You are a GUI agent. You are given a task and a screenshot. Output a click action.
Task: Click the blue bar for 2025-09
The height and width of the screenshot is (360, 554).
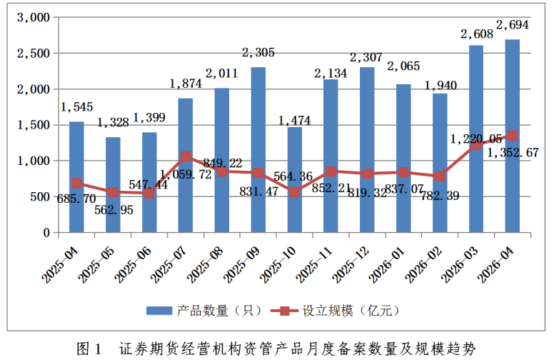click(x=258, y=149)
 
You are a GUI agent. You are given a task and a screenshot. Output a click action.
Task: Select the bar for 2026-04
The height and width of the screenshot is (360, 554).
click(x=513, y=136)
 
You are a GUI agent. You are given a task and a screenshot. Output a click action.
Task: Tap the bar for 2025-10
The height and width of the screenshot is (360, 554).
click(x=295, y=180)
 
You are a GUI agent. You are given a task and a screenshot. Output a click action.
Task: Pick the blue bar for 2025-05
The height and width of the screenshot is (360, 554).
click(x=113, y=184)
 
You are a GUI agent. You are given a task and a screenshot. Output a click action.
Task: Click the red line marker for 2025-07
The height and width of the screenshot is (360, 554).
click(x=186, y=156)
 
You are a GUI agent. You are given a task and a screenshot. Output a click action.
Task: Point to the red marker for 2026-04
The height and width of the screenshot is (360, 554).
click(x=513, y=136)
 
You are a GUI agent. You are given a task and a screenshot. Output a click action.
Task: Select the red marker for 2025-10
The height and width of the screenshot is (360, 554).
click(x=295, y=192)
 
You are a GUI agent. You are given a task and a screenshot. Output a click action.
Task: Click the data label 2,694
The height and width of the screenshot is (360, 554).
click(x=513, y=25)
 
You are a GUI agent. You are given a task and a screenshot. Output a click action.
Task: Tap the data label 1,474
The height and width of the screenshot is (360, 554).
click(x=294, y=121)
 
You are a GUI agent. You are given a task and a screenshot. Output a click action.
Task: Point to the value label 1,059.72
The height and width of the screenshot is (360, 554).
click(x=186, y=174)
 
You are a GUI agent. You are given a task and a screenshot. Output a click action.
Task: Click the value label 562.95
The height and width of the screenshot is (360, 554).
click(x=114, y=210)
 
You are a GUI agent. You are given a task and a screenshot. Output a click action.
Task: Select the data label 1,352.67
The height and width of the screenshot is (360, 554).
click(x=513, y=153)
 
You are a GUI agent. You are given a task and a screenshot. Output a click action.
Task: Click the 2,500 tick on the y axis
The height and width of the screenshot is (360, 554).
click(x=34, y=54)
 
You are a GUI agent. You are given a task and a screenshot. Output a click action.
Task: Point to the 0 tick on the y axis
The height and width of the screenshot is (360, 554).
click(x=46, y=233)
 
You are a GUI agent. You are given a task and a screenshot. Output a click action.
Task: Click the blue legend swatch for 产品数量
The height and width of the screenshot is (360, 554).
click(x=159, y=311)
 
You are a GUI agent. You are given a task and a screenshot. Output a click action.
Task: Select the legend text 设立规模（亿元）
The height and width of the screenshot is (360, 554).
click(x=351, y=311)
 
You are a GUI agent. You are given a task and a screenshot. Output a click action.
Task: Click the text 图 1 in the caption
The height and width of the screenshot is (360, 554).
click(x=89, y=349)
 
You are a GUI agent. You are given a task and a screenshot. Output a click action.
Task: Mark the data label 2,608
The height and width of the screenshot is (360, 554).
click(x=477, y=34)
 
